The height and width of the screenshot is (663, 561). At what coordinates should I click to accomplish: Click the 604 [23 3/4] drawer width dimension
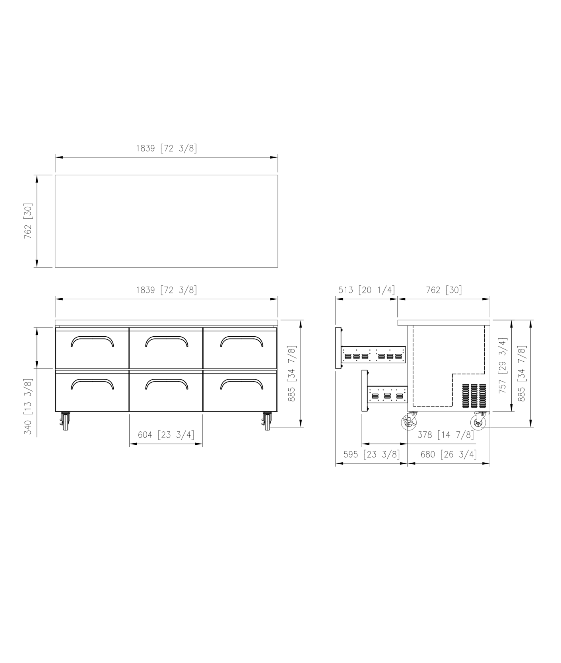[x=166, y=435]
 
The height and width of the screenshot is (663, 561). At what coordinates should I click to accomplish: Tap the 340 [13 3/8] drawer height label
[x=28, y=406]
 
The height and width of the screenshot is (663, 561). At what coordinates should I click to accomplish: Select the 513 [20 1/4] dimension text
[x=367, y=290]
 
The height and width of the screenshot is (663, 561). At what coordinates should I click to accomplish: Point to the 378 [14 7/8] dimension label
[x=446, y=435]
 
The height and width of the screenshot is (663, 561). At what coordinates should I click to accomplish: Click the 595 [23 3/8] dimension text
[x=371, y=454]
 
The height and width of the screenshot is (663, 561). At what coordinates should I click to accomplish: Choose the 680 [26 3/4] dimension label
[x=449, y=454]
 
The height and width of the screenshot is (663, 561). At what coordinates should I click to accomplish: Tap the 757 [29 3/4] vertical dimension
[x=503, y=366]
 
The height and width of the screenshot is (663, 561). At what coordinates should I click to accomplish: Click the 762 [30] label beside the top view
[x=28, y=221]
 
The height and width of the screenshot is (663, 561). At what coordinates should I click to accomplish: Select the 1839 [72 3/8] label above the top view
[x=167, y=148]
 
